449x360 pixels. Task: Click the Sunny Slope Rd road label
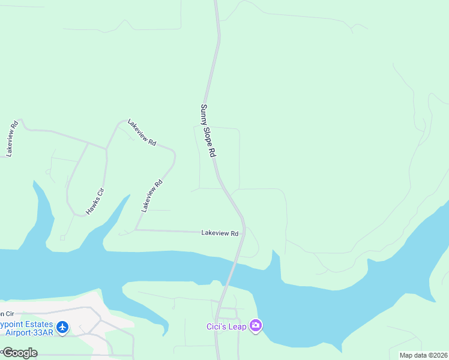click(x=208, y=131)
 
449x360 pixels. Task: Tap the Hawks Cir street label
click(x=95, y=202)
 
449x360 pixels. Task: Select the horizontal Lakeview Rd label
click(x=220, y=233)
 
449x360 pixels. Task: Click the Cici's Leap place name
click(x=226, y=326)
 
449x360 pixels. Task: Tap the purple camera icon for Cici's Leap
click(x=256, y=326)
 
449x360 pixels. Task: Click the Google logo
click(x=19, y=353)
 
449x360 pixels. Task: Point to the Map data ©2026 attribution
click(x=423, y=355)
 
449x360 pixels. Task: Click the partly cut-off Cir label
click(x=6, y=313)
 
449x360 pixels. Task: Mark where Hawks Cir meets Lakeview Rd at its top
click(x=107, y=148)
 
